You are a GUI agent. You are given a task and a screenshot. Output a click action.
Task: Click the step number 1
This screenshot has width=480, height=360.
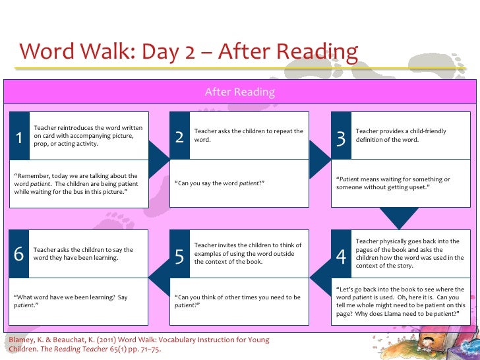pos(20,138)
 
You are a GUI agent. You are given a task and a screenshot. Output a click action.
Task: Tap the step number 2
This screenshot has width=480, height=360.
pos(180,138)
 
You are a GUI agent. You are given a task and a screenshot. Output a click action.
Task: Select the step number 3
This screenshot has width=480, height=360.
pos(341,138)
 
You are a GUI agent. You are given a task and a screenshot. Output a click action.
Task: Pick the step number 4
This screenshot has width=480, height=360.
pos(341,257)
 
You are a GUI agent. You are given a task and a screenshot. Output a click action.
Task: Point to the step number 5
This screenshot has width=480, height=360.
pos(180,257)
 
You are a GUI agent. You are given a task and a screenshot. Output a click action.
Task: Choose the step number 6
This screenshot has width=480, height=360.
pos(19,255)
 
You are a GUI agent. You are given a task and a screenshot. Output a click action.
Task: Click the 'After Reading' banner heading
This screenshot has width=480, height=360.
pos(239,92)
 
